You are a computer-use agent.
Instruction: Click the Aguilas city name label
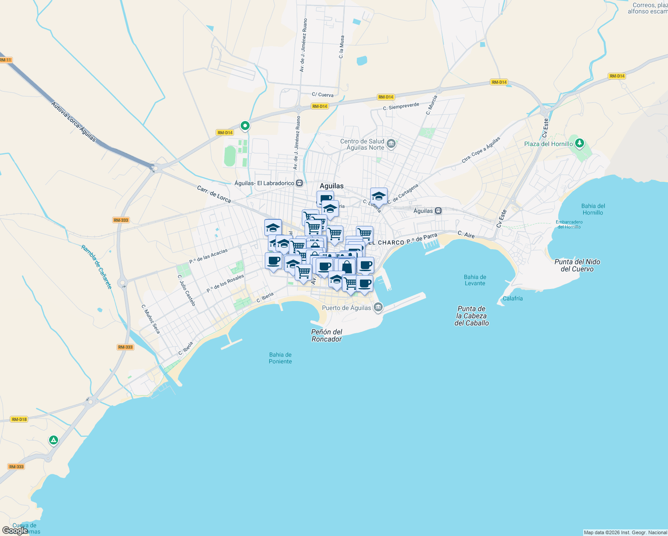pyautogui.click(x=332, y=186)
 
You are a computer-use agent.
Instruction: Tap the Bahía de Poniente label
pyautogui.click(x=280, y=358)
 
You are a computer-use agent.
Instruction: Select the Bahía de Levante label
pyautogui.click(x=475, y=280)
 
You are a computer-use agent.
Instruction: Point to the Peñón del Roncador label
pyautogui.click(x=327, y=335)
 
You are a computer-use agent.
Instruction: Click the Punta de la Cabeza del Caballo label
pyautogui.click(x=472, y=316)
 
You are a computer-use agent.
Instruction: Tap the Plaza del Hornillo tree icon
pyautogui.click(x=580, y=143)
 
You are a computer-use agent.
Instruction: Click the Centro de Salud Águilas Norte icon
pyautogui.click(x=391, y=144)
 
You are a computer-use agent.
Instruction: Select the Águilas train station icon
pyautogui.click(x=438, y=211)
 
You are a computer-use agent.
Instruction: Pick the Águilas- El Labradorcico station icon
pyautogui.click(x=300, y=183)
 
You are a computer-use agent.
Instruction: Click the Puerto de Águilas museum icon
pyautogui.click(x=378, y=307)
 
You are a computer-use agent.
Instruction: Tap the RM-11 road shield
pyautogui.click(x=5, y=60)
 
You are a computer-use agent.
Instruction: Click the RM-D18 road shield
pyautogui.click(x=19, y=419)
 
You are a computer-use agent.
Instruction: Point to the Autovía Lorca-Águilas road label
pyautogui.click(x=73, y=121)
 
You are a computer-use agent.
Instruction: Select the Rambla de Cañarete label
pyautogui.click(x=97, y=267)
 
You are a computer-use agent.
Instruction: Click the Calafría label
pyautogui.click(x=513, y=298)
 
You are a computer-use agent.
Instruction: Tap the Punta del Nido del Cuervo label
pyautogui.click(x=577, y=265)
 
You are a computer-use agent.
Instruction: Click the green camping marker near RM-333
pyautogui.click(x=54, y=440)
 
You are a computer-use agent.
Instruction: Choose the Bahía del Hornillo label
pyautogui.click(x=593, y=209)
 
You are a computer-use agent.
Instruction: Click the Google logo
pyautogui.click(x=15, y=531)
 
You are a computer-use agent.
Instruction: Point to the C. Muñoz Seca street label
pyautogui.click(x=150, y=319)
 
